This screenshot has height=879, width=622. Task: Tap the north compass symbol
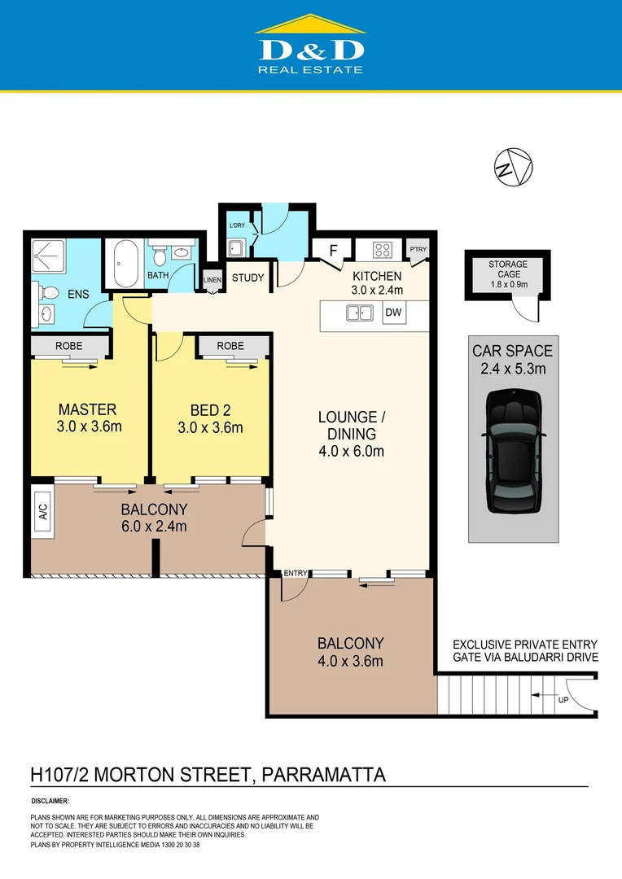[513, 168]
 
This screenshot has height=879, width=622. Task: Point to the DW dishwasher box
[393, 313]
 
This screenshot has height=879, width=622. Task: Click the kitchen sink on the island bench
[359, 313]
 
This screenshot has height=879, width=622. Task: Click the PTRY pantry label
[418, 250]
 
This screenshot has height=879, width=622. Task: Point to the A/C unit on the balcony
[42, 511]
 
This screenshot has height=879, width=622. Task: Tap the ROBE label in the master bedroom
[68, 346]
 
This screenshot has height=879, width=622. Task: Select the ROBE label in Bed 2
[231, 346]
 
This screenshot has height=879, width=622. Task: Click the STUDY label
[248, 278]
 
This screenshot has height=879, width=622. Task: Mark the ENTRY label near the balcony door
[295, 574]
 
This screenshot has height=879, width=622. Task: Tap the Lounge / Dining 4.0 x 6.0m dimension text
[351, 451]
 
